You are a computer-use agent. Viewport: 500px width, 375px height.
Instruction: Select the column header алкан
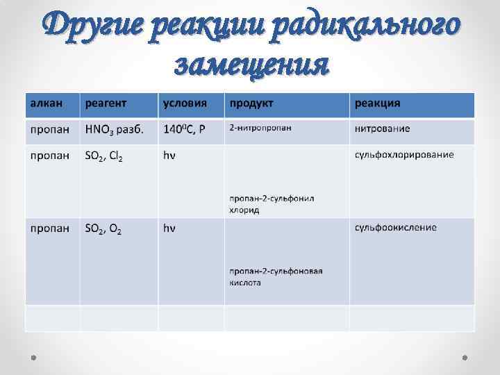click(46, 103)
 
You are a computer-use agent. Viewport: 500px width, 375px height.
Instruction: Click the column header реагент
click(106, 103)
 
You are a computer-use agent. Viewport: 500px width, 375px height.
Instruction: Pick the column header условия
click(185, 103)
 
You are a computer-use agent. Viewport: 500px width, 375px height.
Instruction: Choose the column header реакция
click(378, 103)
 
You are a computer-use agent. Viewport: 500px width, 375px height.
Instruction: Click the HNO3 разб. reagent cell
click(115, 130)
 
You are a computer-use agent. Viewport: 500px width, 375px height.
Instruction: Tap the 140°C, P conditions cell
click(184, 130)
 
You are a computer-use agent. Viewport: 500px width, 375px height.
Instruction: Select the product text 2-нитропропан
click(260, 128)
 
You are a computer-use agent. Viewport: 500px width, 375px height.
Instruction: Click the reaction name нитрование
click(382, 128)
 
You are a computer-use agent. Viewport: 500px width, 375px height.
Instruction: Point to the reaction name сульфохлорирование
click(404, 154)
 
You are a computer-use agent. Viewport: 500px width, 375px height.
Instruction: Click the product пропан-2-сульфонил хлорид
click(272, 203)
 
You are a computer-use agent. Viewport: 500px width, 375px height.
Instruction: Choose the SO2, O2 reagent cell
click(103, 228)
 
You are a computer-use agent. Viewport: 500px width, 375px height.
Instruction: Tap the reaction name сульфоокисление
click(396, 227)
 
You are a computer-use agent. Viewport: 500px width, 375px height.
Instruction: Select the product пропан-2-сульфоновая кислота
click(276, 276)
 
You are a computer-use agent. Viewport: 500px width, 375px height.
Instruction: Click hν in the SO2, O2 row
click(169, 227)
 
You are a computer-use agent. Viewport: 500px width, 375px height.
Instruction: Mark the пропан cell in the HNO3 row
click(49, 130)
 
